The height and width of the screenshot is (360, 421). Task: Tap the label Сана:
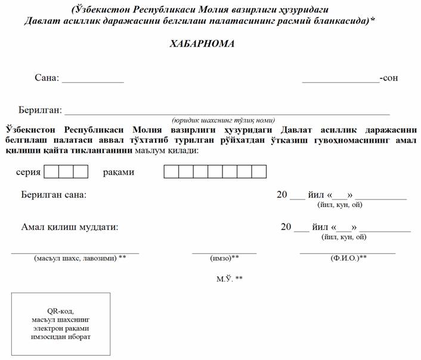(x=48, y=78)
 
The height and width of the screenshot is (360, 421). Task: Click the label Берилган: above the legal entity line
(x=41, y=110)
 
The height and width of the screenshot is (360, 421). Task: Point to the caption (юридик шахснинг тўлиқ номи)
(x=223, y=119)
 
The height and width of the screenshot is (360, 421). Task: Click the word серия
(x=28, y=172)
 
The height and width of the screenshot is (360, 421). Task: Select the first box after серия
(x=51, y=172)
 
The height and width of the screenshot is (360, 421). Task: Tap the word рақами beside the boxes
(x=118, y=172)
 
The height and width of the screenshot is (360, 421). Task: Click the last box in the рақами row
(x=259, y=172)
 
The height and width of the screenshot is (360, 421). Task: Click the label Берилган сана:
(x=54, y=195)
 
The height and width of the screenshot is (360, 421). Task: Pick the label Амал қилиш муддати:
(x=70, y=227)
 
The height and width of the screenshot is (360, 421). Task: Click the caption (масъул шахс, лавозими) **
(x=81, y=258)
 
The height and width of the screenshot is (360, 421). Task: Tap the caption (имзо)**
(x=224, y=258)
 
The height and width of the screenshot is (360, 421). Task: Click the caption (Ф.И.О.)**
(x=348, y=258)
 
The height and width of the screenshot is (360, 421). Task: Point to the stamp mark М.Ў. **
(x=230, y=279)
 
